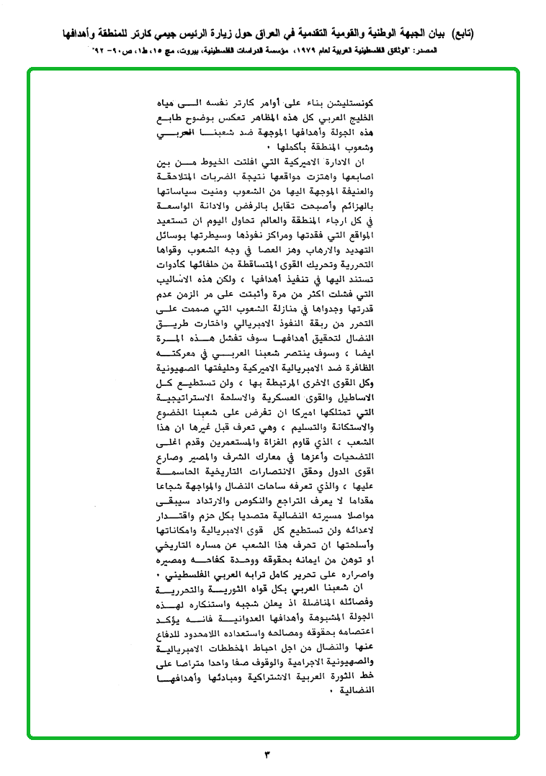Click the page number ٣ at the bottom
click(x=267, y=755)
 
